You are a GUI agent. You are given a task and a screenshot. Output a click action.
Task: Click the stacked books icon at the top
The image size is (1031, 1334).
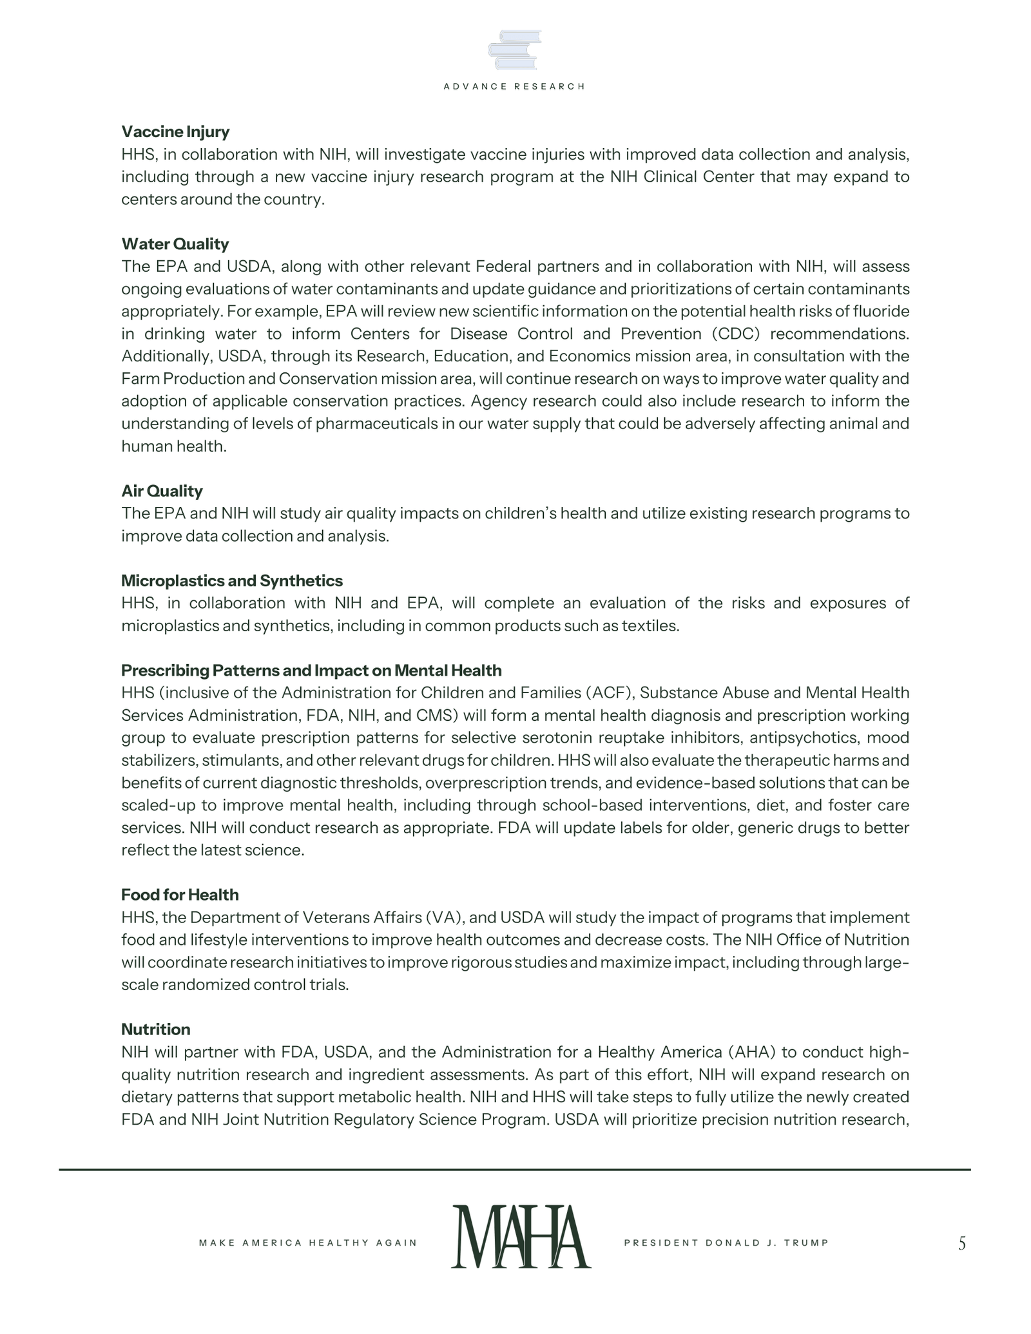click(x=514, y=50)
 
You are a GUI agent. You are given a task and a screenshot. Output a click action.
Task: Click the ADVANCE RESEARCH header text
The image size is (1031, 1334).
click(x=514, y=86)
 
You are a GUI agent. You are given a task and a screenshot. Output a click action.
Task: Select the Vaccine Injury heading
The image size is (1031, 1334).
click(x=175, y=132)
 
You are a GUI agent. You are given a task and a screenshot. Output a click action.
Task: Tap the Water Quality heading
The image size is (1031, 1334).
click(x=175, y=244)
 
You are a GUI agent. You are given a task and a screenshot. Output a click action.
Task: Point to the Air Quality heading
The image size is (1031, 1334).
click(x=162, y=491)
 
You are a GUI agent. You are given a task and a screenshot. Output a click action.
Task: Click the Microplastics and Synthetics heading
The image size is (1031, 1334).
click(x=232, y=581)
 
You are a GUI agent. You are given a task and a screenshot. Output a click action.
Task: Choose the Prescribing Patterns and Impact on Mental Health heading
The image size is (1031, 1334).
click(x=311, y=671)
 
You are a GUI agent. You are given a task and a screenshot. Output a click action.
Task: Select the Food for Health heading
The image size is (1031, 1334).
click(x=180, y=895)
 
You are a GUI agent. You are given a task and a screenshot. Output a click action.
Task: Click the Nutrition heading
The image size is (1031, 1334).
click(x=156, y=1029)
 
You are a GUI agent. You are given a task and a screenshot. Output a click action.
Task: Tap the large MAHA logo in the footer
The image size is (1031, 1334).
click(x=521, y=1237)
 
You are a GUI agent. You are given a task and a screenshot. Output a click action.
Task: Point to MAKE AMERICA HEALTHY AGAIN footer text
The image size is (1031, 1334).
click(x=308, y=1243)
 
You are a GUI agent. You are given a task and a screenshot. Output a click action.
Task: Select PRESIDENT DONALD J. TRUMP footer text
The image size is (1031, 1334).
click(x=726, y=1243)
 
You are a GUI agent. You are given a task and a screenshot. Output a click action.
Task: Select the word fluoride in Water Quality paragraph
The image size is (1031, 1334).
click(x=882, y=312)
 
